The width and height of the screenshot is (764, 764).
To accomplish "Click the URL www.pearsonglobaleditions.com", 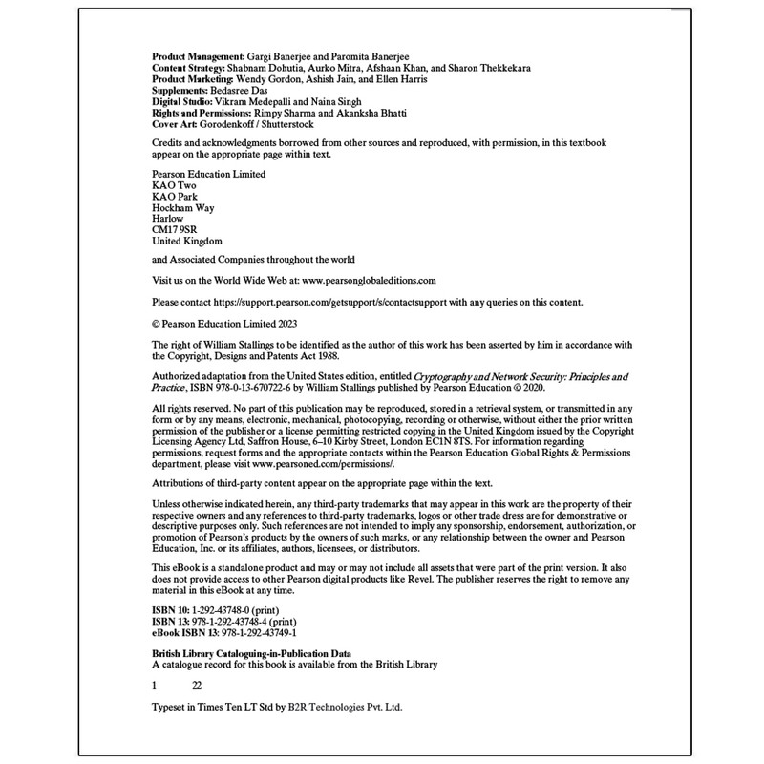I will pyautogui.click(x=369, y=281).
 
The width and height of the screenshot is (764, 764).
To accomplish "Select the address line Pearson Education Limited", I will pyautogui.click(x=209, y=175).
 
